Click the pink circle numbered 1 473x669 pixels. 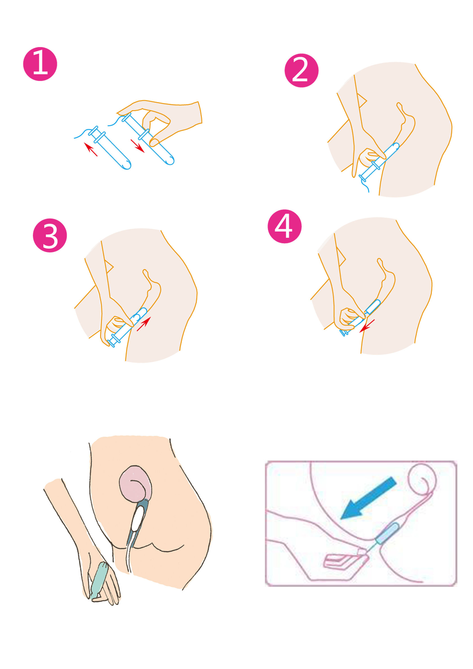[x=40, y=64]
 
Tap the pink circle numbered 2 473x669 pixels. [x=301, y=71]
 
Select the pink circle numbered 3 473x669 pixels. [x=50, y=235]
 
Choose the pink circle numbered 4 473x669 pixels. [x=284, y=226]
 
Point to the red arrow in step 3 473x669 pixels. [x=144, y=324]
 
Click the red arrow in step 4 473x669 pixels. [x=367, y=326]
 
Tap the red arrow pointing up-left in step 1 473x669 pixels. [x=91, y=149]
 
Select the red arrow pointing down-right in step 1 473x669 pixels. [x=138, y=146]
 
